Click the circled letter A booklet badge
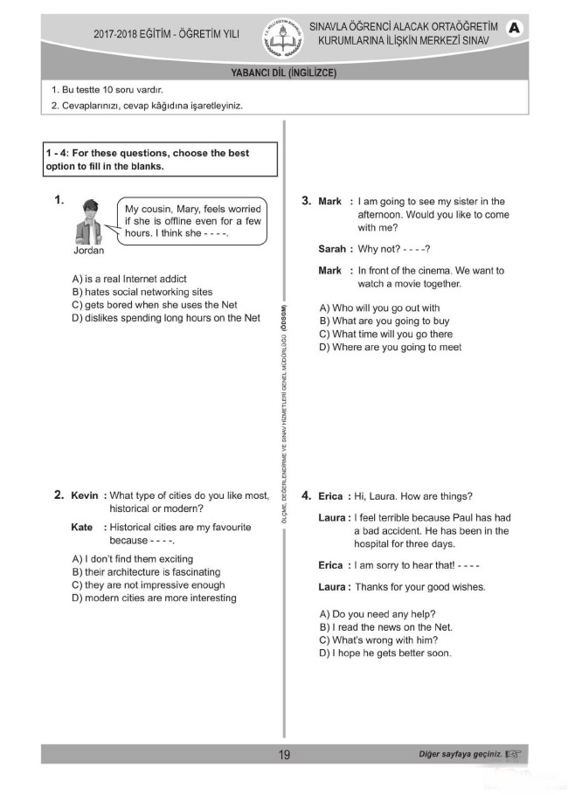[x=514, y=29]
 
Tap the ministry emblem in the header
[x=281, y=35]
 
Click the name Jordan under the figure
[x=89, y=251]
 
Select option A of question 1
[x=129, y=280]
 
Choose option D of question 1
[x=166, y=318]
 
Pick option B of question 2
[x=146, y=572]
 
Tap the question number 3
[x=307, y=201]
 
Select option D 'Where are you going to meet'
[x=390, y=348]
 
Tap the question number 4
[x=307, y=496]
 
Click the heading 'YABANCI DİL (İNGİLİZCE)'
[x=283, y=73]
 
